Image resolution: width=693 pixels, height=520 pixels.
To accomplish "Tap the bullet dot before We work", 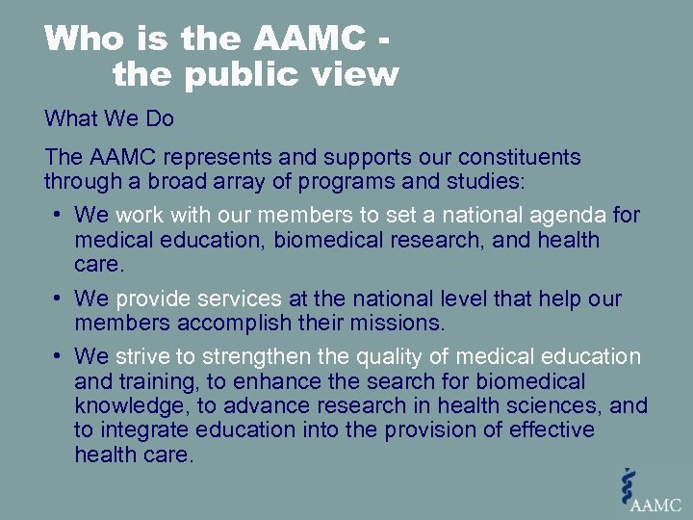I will point(59,215).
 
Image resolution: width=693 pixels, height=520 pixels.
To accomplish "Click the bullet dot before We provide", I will point(59,299).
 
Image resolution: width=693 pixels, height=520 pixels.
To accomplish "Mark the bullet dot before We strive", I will point(59,356).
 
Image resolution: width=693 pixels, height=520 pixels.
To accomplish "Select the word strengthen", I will point(243,356).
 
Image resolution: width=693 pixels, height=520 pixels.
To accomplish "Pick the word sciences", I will point(560,405).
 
